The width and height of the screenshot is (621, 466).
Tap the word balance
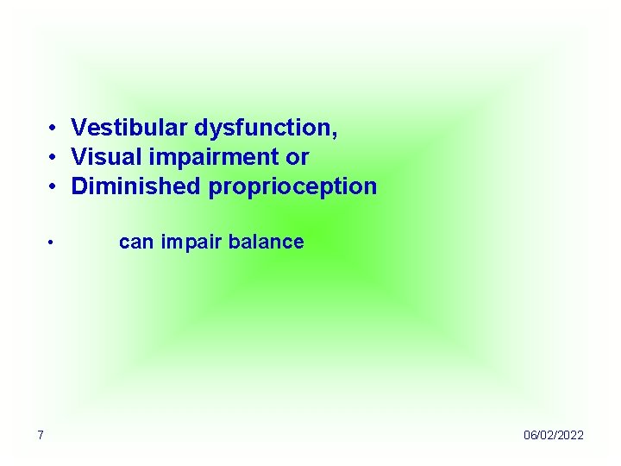pos(261,242)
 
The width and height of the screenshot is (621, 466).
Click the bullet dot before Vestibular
pos(53,129)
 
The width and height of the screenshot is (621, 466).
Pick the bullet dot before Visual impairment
pos(53,158)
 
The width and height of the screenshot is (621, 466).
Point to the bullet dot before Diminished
pos(53,186)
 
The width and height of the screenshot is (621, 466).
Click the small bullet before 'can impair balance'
pos(52,242)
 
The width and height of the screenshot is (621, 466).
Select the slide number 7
pos(40,435)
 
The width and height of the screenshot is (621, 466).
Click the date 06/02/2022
pos(553,435)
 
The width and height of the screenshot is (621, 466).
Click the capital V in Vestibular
pos(78,129)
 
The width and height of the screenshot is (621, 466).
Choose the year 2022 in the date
pos(570,435)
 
